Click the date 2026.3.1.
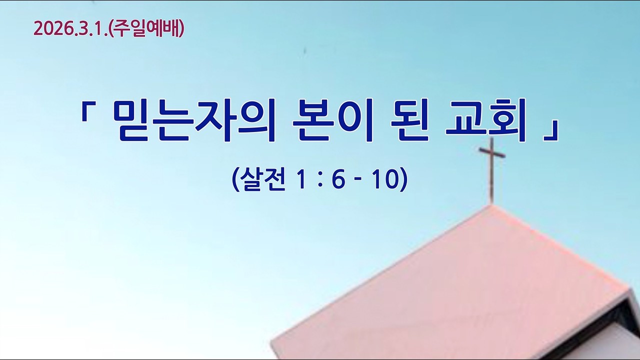pyautogui.click(x=69, y=29)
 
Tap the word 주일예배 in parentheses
pyautogui.click(x=146, y=29)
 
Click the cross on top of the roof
pyautogui.click(x=491, y=170)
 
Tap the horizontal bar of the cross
pyautogui.click(x=491, y=153)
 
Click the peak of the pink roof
pyautogui.click(x=491, y=205)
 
